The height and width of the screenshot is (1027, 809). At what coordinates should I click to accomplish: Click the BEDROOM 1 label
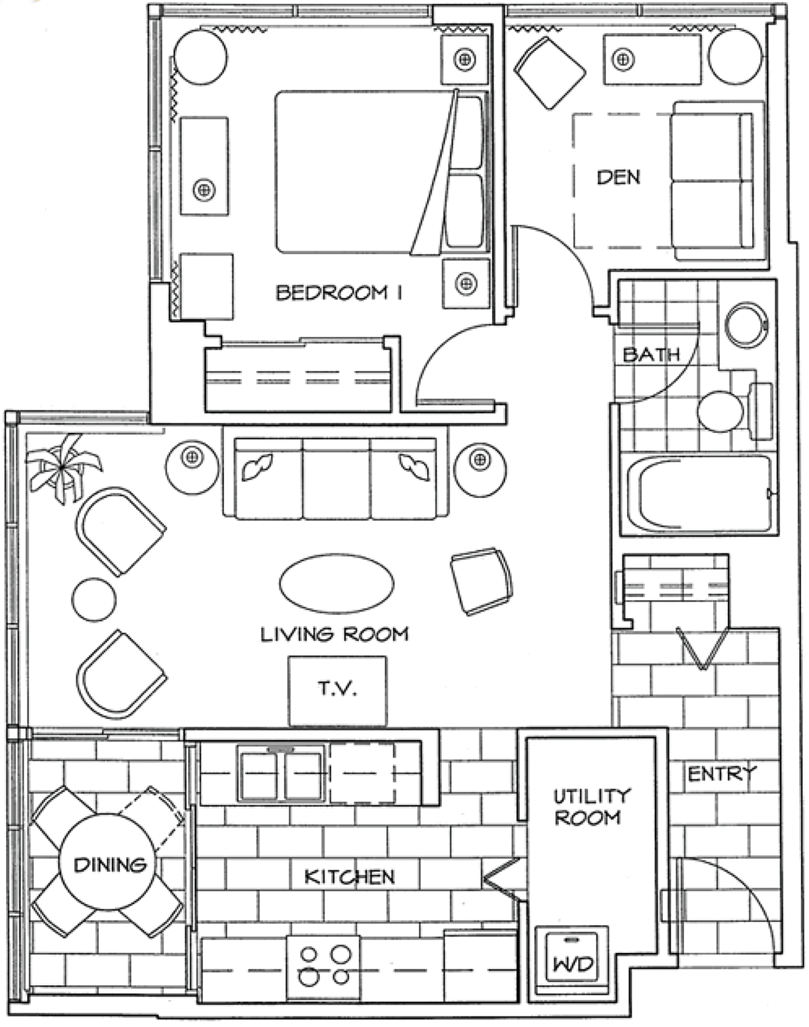click(339, 292)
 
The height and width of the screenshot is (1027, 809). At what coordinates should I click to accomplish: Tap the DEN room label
click(618, 178)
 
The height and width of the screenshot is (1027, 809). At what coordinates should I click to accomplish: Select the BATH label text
click(651, 354)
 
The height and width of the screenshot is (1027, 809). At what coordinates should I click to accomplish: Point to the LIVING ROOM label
click(335, 634)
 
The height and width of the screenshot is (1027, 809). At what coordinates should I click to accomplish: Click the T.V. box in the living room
click(337, 691)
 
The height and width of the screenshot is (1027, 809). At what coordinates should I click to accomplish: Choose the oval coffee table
click(337, 584)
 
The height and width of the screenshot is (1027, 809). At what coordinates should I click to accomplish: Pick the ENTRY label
click(722, 773)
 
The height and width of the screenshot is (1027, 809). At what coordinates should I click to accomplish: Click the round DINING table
click(107, 864)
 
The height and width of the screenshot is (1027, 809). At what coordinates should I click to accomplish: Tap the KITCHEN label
click(350, 876)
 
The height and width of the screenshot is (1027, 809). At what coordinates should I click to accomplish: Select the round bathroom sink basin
click(746, 324)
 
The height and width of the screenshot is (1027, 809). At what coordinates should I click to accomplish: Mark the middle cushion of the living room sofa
click(336, 479)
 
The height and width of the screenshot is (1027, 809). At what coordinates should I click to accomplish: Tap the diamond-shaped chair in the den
click(550, 73)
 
